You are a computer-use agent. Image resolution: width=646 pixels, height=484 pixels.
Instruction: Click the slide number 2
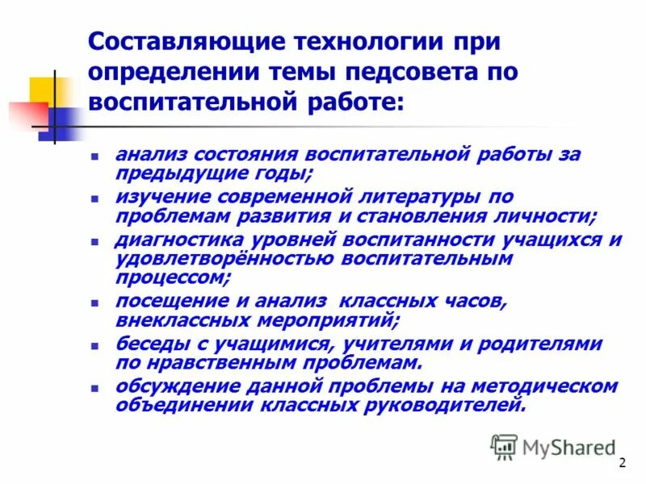tap(622, 462)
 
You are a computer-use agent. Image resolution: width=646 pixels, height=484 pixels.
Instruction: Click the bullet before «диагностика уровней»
tap(95, 240)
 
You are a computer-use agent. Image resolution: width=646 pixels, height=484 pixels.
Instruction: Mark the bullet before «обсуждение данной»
tap(95, 387)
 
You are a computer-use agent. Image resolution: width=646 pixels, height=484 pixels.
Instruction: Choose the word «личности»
tap(548, 216)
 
